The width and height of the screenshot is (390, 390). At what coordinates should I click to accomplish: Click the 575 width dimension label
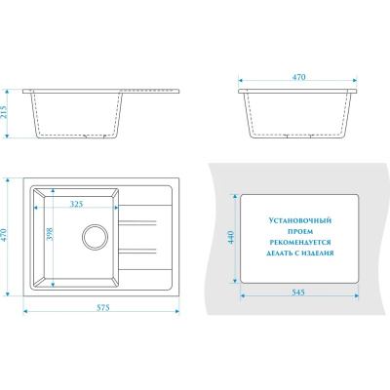103,307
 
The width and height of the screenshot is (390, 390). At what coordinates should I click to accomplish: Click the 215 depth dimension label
4,112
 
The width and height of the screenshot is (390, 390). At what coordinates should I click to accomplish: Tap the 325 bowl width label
77,204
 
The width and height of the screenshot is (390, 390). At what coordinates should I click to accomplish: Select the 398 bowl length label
50,234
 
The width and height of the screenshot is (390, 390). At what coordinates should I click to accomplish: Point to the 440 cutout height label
231,238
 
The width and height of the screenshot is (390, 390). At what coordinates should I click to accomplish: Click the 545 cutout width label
298,292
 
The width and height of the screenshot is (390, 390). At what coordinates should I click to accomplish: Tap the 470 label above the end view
298,77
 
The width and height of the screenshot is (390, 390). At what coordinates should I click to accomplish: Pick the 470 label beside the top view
4,236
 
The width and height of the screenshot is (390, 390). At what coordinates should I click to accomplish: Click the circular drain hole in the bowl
95,237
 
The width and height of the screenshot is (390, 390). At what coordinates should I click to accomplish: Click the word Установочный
300,220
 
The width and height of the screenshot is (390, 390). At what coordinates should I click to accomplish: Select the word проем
300,231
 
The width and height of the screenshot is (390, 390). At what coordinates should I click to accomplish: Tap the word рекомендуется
300,243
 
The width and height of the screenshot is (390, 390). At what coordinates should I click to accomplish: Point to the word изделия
317,253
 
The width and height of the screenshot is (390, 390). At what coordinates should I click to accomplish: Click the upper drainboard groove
137,222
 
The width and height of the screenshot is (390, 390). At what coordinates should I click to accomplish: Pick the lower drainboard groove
137,251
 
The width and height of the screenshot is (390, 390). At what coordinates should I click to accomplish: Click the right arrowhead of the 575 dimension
177,311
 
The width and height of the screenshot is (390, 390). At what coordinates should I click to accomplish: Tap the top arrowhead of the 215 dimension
8,92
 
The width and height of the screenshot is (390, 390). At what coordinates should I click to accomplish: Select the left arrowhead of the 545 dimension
242,295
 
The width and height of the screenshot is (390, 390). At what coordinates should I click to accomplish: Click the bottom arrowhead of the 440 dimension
234,280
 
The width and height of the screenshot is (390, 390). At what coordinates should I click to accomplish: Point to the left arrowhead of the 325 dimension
36,207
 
